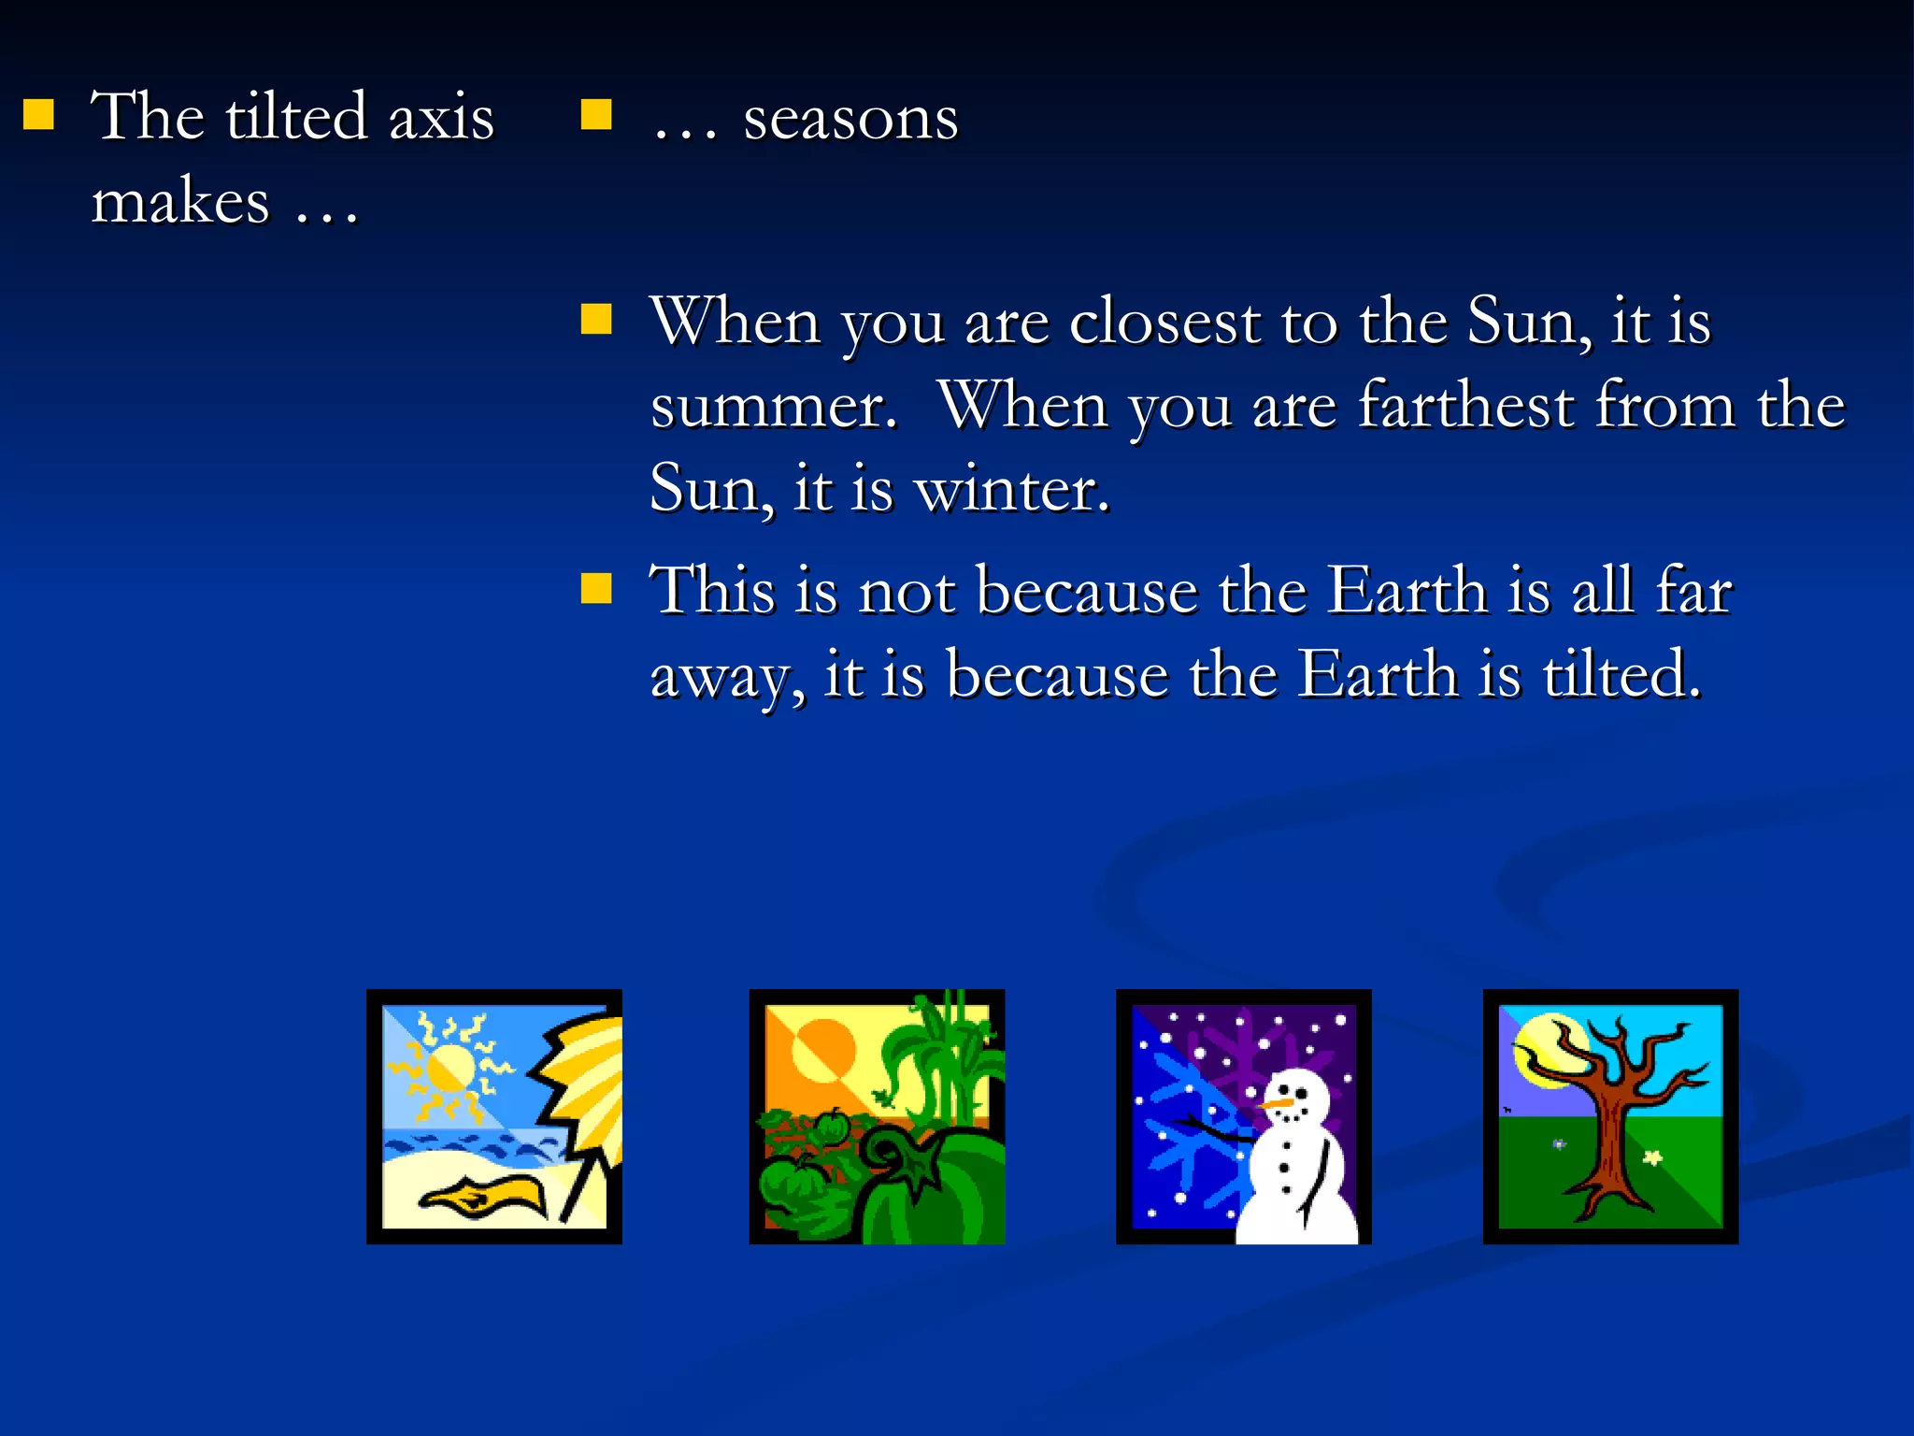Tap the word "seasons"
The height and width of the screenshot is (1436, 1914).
pos(850,120)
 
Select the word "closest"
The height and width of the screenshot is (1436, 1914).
pos(1164,322)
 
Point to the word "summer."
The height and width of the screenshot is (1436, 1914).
pos(774,407)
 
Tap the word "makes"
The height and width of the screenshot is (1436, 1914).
pos(180,201)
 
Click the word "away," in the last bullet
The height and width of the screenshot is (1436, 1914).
pos(727,676)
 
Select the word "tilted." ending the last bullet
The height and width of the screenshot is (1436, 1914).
pos(1621,674)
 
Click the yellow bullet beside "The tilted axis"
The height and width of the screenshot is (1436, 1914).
pos(38,115)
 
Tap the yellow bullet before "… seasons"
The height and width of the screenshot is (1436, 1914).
pos(595,115)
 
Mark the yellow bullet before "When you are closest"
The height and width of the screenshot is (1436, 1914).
pos(595,320)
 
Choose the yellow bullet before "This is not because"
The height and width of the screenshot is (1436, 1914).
pos(595,589)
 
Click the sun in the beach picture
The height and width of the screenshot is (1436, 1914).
pos(450,1068)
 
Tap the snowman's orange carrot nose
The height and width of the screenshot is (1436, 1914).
pos(1277,1104)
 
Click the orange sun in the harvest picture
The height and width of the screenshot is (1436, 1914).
pos(822,1049)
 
